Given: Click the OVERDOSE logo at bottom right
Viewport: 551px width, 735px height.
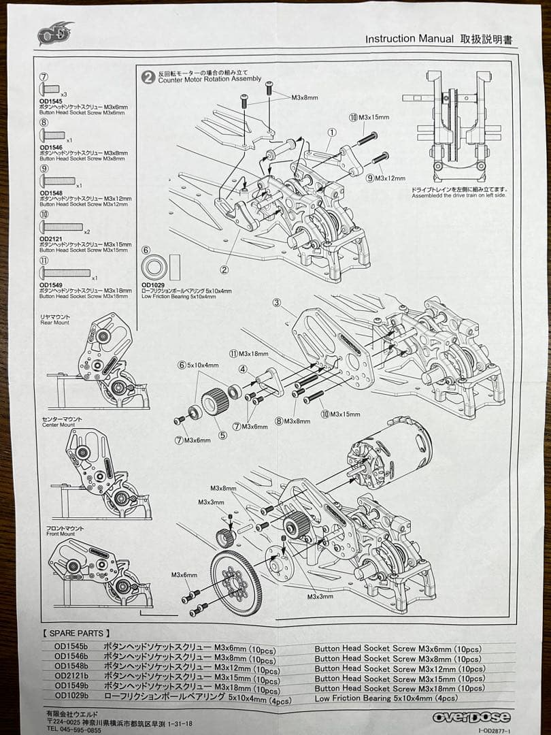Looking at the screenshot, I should pyautogui.click(x=471, y=717).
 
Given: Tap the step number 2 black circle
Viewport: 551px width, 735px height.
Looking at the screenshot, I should pyautogui.click(x=147, y=76).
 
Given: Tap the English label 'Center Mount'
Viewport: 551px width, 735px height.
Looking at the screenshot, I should pyautogui.click(x=59, y=425).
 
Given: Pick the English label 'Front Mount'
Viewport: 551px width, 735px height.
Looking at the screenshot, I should pyautogui.click(x=57, y=534).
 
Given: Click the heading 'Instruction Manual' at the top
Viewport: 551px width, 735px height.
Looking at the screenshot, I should pyautogui.click(x=409, y=39).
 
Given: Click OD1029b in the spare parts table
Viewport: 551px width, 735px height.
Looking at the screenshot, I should pyautogui.click(x=71, y=696).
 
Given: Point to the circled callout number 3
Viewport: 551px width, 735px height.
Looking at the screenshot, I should pyautogui.click(x=277, y=302).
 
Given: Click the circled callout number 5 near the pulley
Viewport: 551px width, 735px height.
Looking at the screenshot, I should pyautogui.click(x=222, y=436).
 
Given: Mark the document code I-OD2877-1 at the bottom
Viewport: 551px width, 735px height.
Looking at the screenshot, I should pyautogui.click(x=499, y=731).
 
